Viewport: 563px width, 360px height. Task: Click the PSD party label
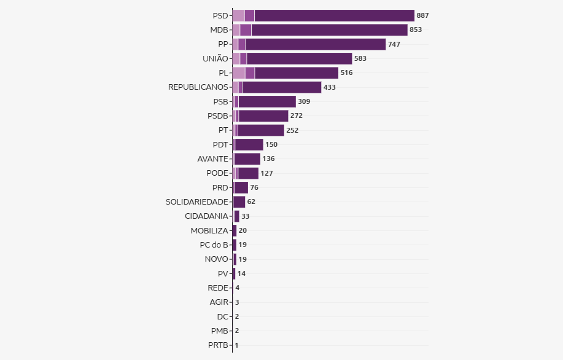pyautogui.click(x=220, y=15)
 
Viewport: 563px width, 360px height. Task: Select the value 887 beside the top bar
pyautogui.click(x=422, y=15)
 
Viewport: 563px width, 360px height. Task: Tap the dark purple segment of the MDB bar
pyautogui.click(x=329, y=29)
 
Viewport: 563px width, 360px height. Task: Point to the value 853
pyautogui.click(x=416, y=29)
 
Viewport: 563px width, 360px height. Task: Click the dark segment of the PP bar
pyautogui.click(x=316, y=44)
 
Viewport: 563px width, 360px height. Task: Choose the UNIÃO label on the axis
pyautogui.click(x=215, y=58)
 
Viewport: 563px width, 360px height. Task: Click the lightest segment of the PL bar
pyautogui.click(x=238, y=72)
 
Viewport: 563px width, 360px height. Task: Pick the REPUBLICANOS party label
pyautogui.click(x=198, y=87)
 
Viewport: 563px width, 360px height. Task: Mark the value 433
pyautogui.click(x=330, y=87)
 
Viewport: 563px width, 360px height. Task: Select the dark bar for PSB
pyautogui.click(x=267, y=101)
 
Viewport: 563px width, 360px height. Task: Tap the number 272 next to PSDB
pyautogui.click(x=297, y=115)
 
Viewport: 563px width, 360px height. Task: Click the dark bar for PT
pyautogui.click(x=261, y=130)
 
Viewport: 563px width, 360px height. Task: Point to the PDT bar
pyautogui.click(x=249, y=144)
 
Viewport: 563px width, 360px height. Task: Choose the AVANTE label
pyautogui.click(x=212, y=158)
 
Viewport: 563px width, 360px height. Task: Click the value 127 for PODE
pyautogui.click(x=266, y=173)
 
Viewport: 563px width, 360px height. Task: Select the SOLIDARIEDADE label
pyautogui.click(x=196, y=202)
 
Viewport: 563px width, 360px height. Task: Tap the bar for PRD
pyautogui.click(x=241, y=187)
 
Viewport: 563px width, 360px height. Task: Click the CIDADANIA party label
pyautogui.click(x=206, y=216)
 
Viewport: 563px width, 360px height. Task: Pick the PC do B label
pyautogui.click(x=214, y=245)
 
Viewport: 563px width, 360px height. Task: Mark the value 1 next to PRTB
pyautogui.click(x=236, y=345)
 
